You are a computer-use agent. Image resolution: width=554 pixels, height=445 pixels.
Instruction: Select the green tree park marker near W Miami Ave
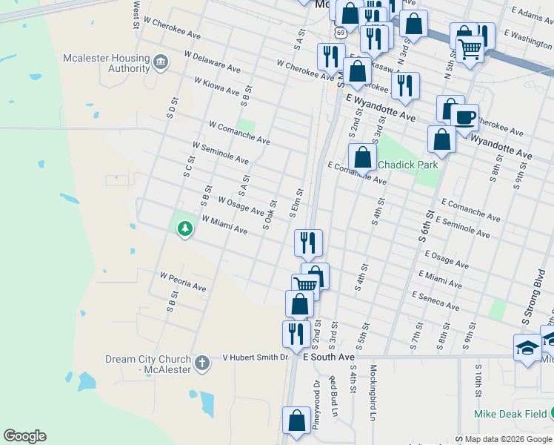tap(184, 230)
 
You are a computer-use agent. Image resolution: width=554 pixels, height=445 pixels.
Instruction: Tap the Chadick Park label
tap(408, 165)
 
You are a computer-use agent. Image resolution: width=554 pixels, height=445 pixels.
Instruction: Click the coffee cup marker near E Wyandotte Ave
tap(464, 118)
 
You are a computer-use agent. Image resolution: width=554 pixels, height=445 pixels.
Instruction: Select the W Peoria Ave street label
tap(183, 281)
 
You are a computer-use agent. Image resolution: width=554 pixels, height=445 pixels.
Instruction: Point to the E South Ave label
tap(330, 357)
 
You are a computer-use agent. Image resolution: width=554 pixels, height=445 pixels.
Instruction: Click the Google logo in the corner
tap(24, 436)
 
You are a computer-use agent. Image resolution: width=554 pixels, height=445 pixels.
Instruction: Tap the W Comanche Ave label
tap(239, 133)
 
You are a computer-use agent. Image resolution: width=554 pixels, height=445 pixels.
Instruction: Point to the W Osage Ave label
tap(241, 206)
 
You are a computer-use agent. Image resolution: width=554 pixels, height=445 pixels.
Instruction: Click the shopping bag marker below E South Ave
tap(297, 421)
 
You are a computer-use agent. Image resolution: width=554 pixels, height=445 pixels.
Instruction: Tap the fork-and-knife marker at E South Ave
tap(295, 334)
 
